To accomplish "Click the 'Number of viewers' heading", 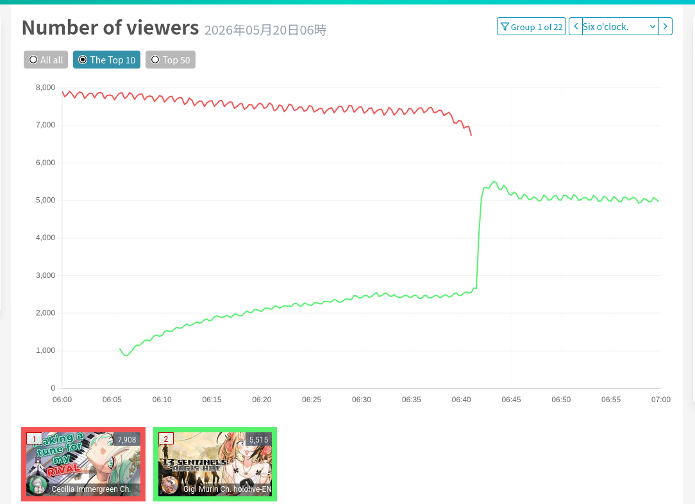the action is (110, 28).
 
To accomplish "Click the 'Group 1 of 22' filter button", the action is (532, 26).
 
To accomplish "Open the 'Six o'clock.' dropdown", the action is (619, 26).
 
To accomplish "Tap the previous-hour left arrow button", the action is (576, 26).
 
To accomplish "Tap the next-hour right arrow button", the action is (666, 26).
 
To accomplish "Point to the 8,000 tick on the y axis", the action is (46, 88).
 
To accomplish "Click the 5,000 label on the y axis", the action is (46, 200).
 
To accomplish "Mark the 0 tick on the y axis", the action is (53, 389).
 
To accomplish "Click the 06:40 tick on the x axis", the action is (462, 400).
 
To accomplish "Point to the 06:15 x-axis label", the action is (212, 400).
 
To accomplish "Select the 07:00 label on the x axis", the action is (661, 400).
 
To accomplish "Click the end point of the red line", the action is (471, 135).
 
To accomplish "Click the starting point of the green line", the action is (120, 349).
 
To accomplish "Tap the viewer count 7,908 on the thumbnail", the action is (127, 440).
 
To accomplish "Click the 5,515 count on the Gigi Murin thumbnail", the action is (259, 440).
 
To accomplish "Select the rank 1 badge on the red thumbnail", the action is (34, 439).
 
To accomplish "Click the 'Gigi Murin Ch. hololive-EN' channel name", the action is (228, 489).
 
